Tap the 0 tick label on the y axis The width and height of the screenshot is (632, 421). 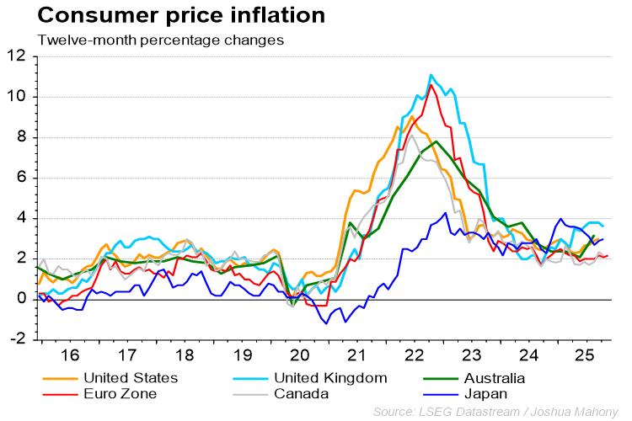tap(21, 299)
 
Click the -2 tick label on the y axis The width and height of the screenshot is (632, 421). tap(17, 339)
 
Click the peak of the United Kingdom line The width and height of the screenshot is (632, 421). tap(431, 75)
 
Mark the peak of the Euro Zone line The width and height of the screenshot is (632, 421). tap(431, 84)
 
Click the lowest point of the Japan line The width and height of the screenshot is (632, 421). tap(327, 323)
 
